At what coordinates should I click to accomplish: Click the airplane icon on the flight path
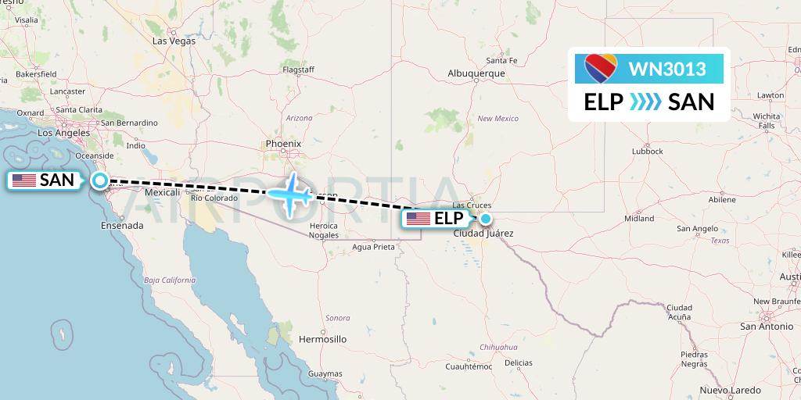291,193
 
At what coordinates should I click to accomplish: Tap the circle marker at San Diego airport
100,180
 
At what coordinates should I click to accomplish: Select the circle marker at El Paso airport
486,219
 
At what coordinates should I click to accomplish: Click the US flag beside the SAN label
24,180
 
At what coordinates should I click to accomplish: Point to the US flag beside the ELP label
418,219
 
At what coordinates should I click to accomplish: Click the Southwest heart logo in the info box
602,69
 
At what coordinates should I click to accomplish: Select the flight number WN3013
667,70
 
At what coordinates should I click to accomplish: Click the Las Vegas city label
174,41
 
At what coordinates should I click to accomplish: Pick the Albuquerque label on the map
476,73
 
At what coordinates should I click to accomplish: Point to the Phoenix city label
283,144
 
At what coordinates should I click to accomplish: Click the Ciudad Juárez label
483,233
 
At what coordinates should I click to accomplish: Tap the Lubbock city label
648,151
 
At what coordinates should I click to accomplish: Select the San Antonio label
766,326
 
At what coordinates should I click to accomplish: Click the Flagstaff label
298,70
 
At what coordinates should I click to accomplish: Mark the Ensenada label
122,225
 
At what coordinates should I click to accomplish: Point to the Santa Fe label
501,60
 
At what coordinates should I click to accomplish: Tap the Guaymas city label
325,374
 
